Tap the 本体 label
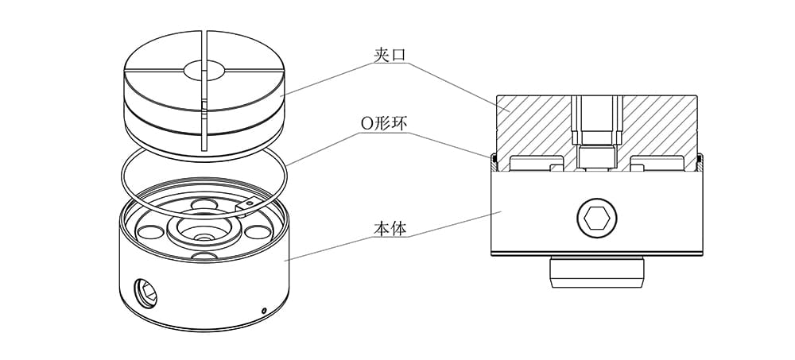(390, 229)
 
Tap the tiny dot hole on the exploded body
(263, 309)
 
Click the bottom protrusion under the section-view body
(597, 274)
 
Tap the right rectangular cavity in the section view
(657, 165)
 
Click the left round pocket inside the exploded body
(148, 234)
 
